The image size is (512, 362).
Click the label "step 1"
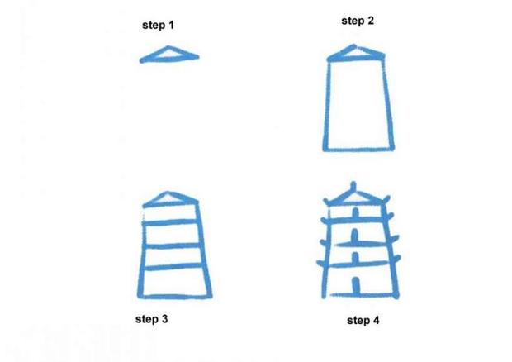coord(158,26)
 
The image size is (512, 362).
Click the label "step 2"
coord(358,21)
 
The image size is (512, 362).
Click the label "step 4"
coord(363,319)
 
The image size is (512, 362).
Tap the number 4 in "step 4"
coord(377,319)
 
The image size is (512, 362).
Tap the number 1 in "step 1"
coord(171,26)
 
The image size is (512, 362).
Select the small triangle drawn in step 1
coord(168,55)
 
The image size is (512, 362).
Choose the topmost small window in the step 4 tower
coord(356,213)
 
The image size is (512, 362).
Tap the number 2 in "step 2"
coord(371,21)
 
